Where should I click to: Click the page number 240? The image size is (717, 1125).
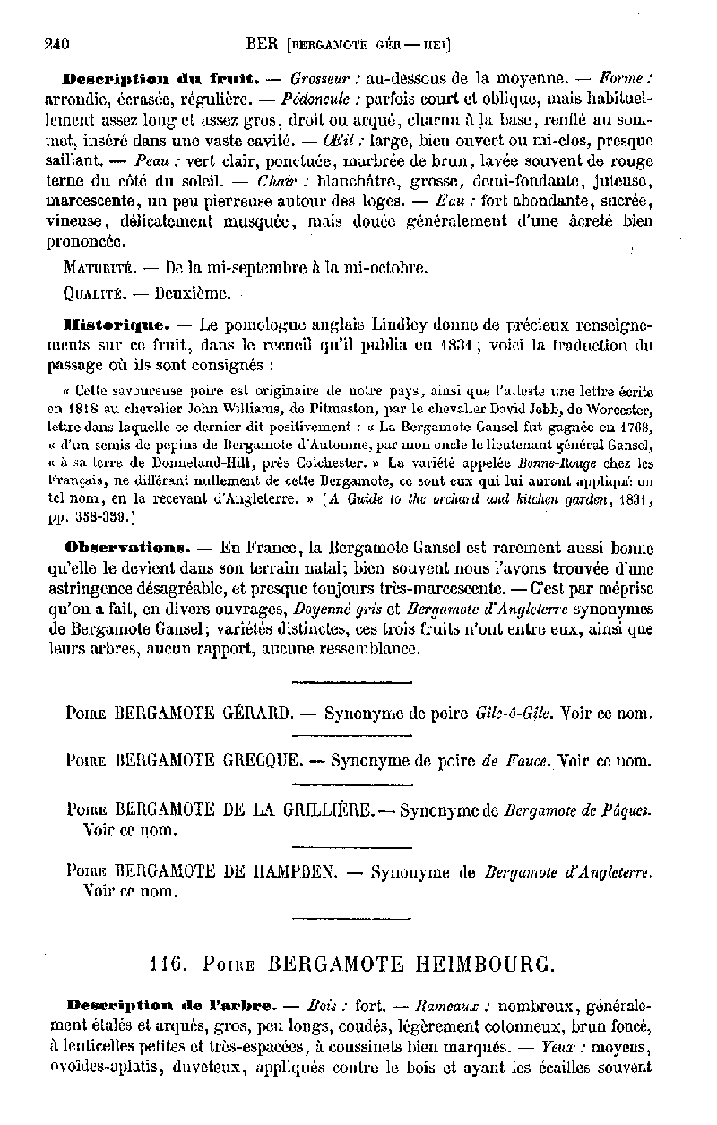tap(58, 41)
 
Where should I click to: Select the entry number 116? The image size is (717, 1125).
tap(168, 965)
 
